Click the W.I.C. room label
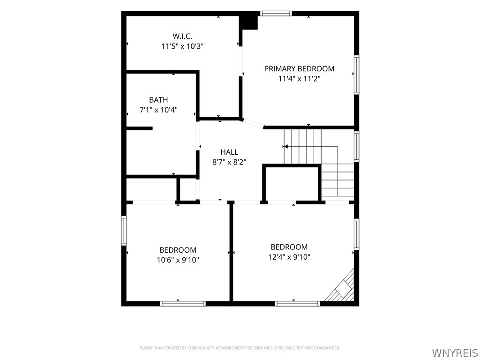tap(182, 36)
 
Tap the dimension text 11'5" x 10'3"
tap(182, 46)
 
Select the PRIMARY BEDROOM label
tap(299, 68)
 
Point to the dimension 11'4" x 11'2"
tap(299, 79)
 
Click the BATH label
tap(158, 100)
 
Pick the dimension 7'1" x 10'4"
tap(158, 110)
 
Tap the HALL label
tap(229, 152)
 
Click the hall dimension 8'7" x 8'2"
tap(229, 162)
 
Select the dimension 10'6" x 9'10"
tap(178, 260)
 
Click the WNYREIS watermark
tap(456, 352)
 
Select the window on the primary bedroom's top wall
tap(276, 13)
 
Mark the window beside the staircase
tap(357, 146)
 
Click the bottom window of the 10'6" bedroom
tap(183, 304)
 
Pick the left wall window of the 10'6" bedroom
tap(124, 231)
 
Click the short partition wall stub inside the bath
tap(140, 128)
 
